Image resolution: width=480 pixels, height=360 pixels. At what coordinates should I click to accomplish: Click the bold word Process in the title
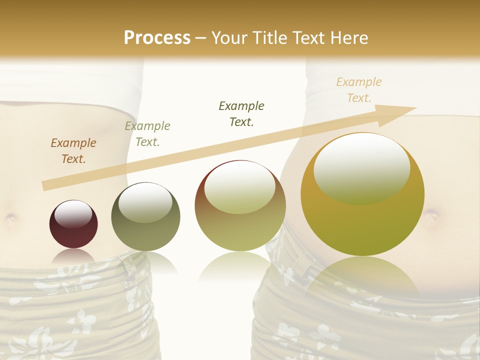(x=157, y=38)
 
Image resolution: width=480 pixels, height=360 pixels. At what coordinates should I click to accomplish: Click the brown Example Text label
(x=73, y=151)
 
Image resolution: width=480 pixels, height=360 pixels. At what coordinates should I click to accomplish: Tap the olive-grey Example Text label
(x=147, y=134)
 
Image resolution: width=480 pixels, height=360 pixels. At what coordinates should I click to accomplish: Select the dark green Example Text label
(x=241, y=113)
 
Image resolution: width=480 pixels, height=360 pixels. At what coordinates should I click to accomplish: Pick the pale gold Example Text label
(x=359, y=90)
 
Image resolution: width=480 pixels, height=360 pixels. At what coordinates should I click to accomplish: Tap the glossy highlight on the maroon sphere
(x=73, y=214)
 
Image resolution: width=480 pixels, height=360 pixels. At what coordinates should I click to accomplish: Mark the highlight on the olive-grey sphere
(x=145, y=201)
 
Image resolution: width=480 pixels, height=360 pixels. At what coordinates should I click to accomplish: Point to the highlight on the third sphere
(x=240, y=187)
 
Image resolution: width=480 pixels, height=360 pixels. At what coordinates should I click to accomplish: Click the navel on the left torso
(x=10, y=218)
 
